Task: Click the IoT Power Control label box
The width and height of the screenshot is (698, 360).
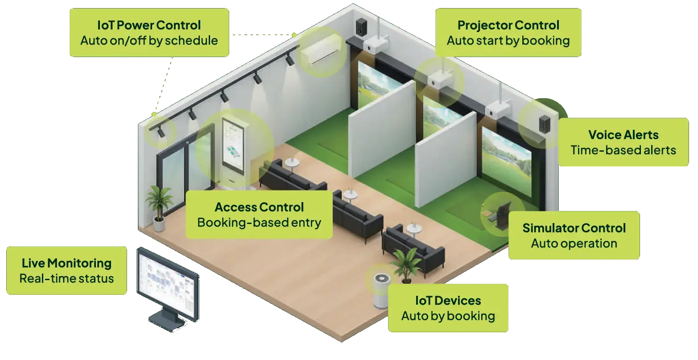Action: (149, 33)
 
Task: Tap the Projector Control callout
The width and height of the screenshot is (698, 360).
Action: (508, 33)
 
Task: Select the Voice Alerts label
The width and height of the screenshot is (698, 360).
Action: (623, 142)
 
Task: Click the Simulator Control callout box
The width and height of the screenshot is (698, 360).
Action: (574, 236)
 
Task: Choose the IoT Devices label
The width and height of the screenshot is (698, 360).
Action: (448, 308)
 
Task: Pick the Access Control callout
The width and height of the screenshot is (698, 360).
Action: (259, 215)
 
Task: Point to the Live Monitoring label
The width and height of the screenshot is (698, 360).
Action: (67, 270)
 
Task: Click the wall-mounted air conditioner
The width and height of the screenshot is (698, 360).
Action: (321, 49)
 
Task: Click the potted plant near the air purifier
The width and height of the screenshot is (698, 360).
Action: (407, 265)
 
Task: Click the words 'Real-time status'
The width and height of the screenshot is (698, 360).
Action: (67, 278)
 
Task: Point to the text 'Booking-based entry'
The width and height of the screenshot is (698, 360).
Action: (259, 223)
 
